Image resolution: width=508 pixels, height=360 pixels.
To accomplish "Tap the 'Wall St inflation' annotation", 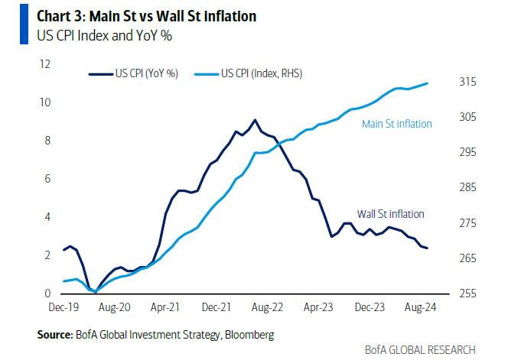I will (x=390, y=214).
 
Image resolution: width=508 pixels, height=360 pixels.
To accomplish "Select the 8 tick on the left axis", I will (x=47, y=141).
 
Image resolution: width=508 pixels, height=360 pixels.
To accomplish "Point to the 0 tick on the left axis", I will (x=47, y=294).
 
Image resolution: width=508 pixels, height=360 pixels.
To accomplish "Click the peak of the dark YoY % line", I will (x=255, y=120).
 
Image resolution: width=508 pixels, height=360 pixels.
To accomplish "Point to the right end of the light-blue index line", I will (x=427, y=83).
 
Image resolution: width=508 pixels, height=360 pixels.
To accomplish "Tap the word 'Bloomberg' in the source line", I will (x=249, y=335).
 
